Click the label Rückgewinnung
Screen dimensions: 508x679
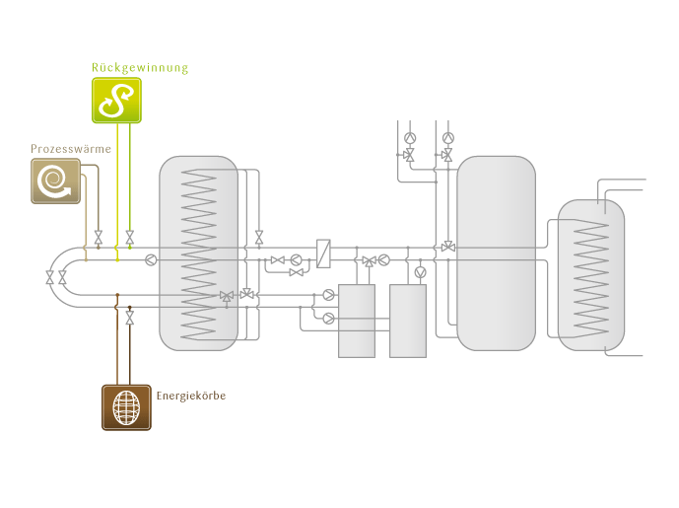point(139,68)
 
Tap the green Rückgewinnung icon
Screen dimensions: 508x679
point(117,100)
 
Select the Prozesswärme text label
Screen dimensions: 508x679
point(70,148)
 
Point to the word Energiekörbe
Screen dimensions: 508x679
point(191,396)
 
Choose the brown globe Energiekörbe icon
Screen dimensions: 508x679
point(125,406)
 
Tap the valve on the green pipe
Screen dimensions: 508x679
point(129,237)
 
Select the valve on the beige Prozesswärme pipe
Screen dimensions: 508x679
point(98,237)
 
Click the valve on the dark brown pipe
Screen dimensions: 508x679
point(129,320)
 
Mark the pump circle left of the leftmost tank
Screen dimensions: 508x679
point(150,260)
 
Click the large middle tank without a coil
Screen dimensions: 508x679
point(496,253)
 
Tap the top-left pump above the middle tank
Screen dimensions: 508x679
point(410,138)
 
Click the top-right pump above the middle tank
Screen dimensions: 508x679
point(448,138)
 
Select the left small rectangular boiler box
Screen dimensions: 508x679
point(356,321)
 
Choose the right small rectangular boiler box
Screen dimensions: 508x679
point(407,321)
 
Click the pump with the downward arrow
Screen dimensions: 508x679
point(421,271)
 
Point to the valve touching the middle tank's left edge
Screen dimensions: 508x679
point(448,246)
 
